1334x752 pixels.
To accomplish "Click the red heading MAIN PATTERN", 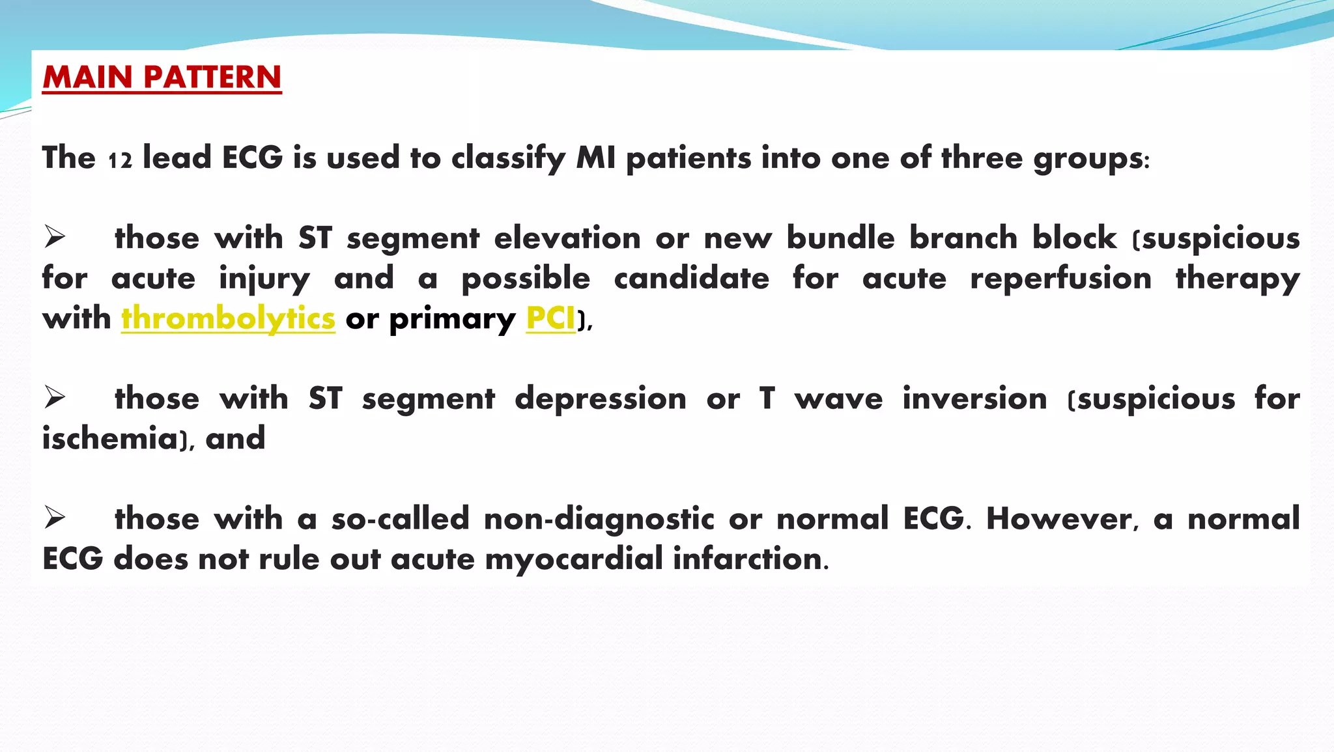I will (x=162, y=77).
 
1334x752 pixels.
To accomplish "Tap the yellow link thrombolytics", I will (x=228, y=319).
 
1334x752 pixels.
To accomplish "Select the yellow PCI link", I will (x=550, y=318).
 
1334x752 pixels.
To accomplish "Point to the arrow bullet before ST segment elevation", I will (x=55, y=237).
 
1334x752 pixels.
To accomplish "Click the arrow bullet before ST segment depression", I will (x=55, y=397).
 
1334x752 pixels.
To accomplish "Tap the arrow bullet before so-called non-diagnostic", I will (x=55, y=518).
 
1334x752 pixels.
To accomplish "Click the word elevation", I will (x=567, y=238).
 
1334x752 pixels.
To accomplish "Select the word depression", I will (x=600, y=398).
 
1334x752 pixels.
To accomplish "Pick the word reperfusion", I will (x=1060, y=279).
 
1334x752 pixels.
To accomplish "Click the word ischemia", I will (x=110, y=438).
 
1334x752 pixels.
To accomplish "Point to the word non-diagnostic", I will (x=599, y=519).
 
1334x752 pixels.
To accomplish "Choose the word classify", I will (x=508, y=158).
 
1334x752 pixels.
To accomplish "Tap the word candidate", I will (x=691, y=279).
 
